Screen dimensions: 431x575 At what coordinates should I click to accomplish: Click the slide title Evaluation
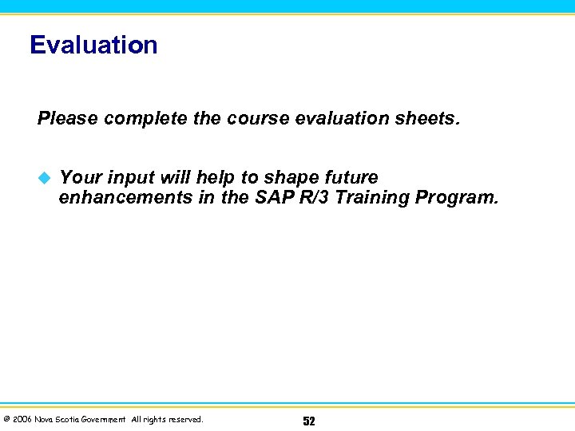[93, 45]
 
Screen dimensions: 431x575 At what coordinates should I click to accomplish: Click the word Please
[67, 119]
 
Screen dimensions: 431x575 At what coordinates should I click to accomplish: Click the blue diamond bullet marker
[44, 177]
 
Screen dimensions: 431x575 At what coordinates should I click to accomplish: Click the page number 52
[309, 421]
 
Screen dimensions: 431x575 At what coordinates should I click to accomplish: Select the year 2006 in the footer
[22, 420]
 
